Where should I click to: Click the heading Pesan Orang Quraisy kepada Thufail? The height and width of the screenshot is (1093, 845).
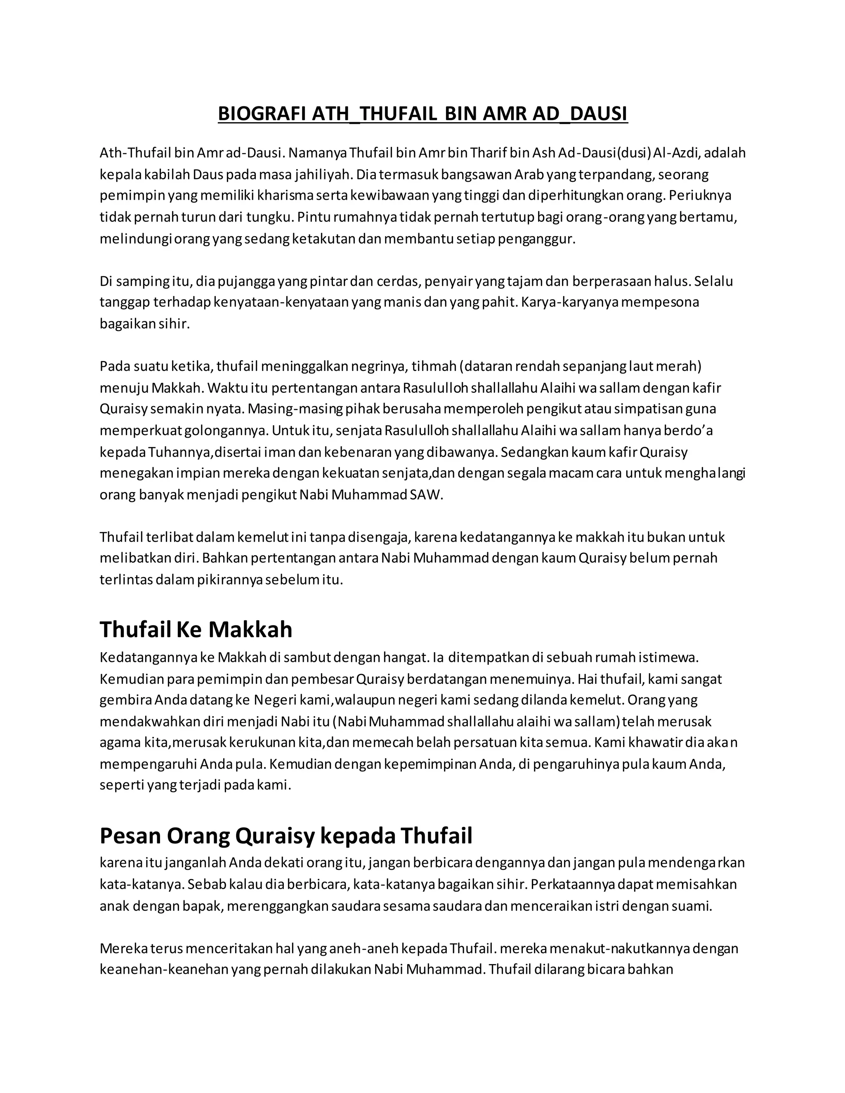coord(286,835)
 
